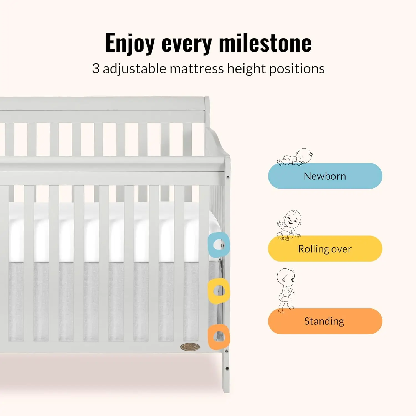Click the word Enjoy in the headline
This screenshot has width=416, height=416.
[x=130, y=43]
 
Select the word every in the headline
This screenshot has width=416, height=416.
[x=187, y=44]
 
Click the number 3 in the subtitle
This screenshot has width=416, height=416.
[x=96, y=69]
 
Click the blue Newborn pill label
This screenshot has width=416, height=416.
[x=325, y=176]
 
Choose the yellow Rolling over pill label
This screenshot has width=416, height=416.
[x=325, y=249]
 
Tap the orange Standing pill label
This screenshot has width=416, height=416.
[x=325, y=321]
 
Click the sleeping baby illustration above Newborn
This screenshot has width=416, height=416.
[x=296, y=157]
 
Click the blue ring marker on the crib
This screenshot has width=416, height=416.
[x=219, y=245]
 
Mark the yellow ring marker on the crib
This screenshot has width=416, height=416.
[x=219, y=291]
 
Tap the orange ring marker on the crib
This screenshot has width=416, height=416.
[x=219, y=337]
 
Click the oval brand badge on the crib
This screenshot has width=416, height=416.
[x=190, y=347]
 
